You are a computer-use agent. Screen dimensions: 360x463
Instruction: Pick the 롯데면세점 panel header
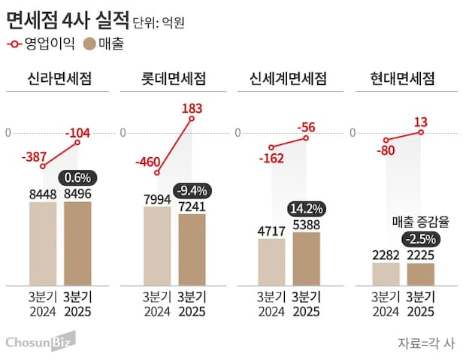tap(174, 79)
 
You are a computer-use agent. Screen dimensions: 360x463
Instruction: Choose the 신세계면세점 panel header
tap(288, 79)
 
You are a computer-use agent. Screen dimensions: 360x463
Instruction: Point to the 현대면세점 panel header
tap(403, 79)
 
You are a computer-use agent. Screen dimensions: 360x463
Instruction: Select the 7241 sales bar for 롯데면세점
tap(192, 250)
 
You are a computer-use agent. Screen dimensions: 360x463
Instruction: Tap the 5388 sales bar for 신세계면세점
tap(306, 259)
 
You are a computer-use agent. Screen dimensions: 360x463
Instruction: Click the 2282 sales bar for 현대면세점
tap(386, 274)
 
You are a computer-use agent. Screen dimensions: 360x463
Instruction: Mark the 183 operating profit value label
tap(192, 109)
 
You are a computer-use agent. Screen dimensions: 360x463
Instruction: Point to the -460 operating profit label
tap(150, 161)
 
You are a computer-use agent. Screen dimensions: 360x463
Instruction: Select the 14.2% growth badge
tap(306, 208)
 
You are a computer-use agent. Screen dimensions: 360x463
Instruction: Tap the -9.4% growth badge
tap(192, 190)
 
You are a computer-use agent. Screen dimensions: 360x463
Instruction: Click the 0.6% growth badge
tap(77, 179)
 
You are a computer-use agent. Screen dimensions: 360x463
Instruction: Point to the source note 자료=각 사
tap(425, 343)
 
